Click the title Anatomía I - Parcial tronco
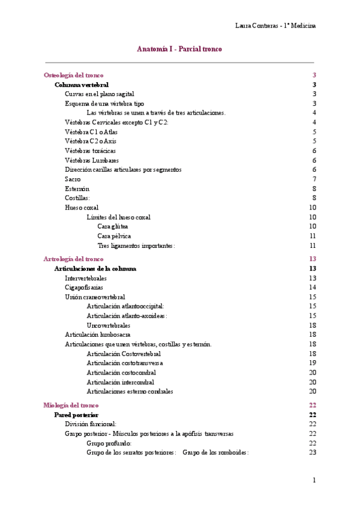coord(179,49)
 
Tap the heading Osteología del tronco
coord(73,75)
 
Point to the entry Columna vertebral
coord(82,85)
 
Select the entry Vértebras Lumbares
coord(91,160)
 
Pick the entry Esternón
coord(77,188)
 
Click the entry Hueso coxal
coord(82,207)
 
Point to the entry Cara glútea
coord(113,226)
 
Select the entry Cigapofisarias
coord(84,288)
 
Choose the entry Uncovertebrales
coord(109,325)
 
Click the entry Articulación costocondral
coord(120,372)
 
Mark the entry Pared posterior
coord(76,415)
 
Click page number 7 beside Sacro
coord(314,179)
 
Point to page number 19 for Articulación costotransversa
coord(313,363)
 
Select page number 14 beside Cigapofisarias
coord(313,288)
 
